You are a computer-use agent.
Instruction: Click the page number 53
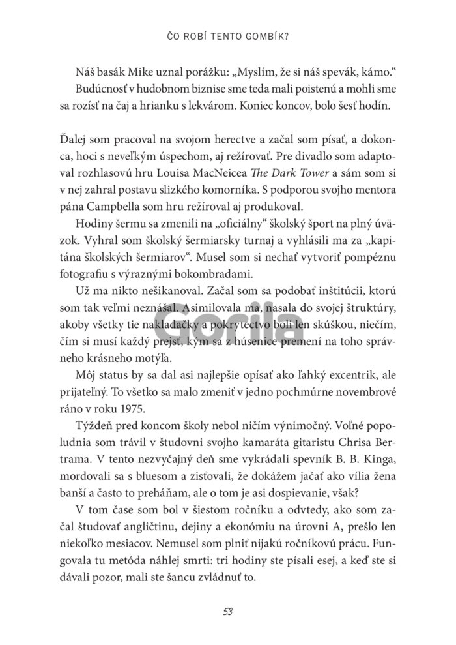[x=227, y=611]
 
